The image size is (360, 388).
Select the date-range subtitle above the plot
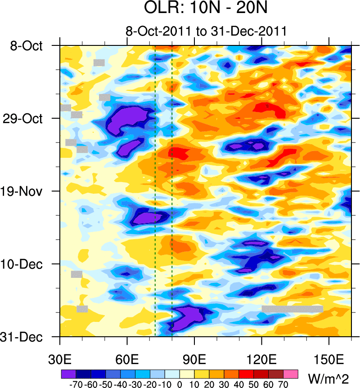click(206, 32)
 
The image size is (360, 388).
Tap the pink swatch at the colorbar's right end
click(291, 374)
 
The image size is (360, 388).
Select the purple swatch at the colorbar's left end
click(68, 374)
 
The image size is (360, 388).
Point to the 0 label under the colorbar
click(180, 384)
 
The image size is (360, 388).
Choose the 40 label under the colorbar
click(239, 384)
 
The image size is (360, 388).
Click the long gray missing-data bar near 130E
click(292, 309)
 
